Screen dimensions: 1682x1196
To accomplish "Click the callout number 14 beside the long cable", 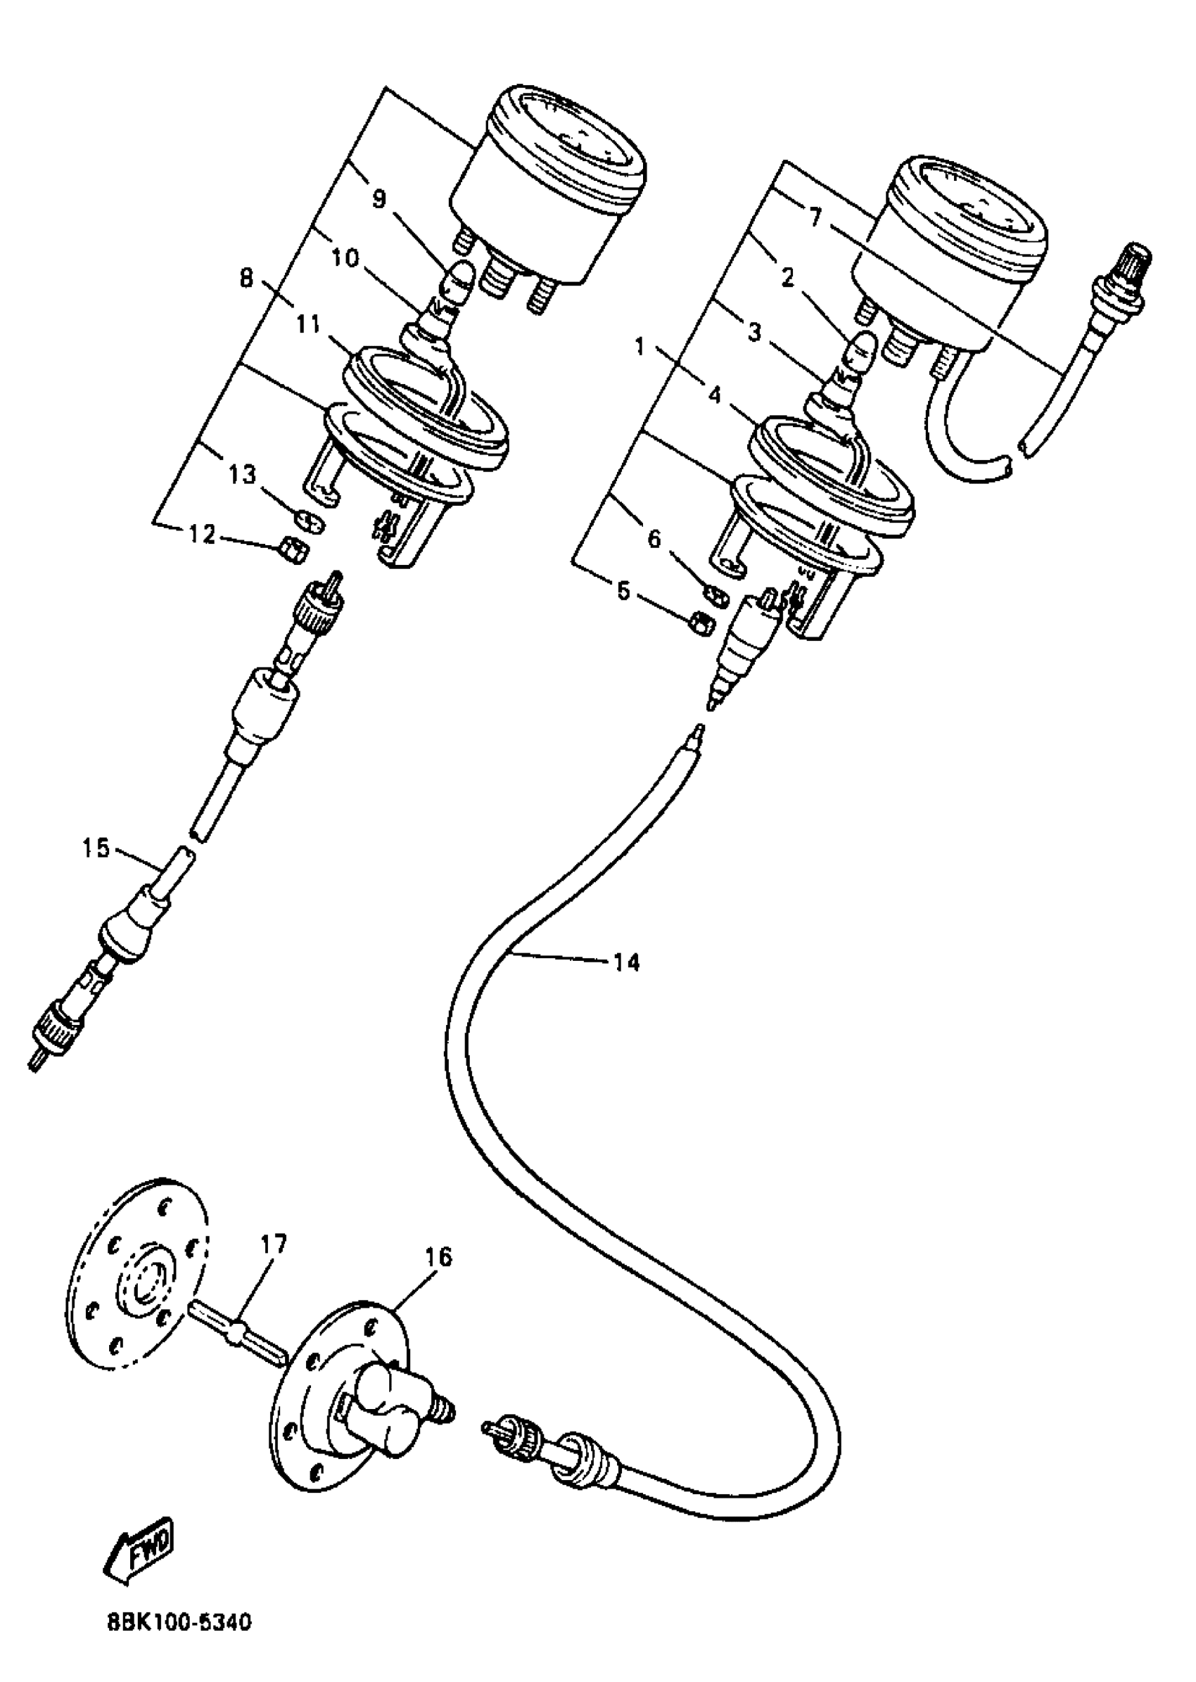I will click(627, 962).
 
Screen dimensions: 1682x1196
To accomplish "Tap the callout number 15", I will click(96, 848).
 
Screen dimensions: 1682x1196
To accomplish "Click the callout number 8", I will click(247, 279).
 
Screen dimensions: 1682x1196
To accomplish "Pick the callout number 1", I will click(640, 347).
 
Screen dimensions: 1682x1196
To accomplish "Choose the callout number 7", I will click(815, 219).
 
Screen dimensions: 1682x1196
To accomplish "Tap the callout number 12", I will click(201, 535).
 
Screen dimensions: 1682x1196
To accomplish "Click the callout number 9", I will click(378, 199).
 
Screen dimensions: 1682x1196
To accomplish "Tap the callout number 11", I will click(309, 324).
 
